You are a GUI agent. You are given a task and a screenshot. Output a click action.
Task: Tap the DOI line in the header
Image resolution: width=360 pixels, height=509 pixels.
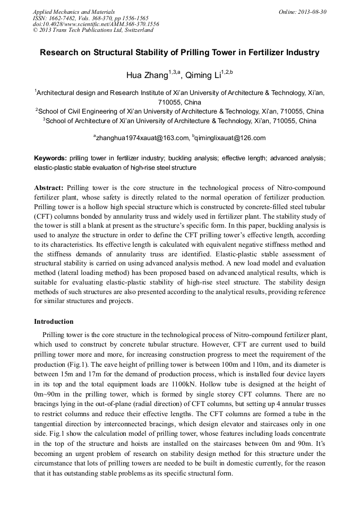click(x=96, y=24)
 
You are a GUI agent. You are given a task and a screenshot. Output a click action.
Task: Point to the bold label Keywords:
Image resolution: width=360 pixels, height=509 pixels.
click(x=50, y=158)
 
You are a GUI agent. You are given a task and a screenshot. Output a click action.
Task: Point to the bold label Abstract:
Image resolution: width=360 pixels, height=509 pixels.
click(x=49, y=188)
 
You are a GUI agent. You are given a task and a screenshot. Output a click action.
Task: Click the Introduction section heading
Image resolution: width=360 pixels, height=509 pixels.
click(x=54, y=322)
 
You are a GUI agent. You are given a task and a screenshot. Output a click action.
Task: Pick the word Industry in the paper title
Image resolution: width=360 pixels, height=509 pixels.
click(x=300, y=53)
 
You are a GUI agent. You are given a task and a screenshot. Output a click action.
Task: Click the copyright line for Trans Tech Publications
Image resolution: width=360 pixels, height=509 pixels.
click(x=93, y=30)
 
